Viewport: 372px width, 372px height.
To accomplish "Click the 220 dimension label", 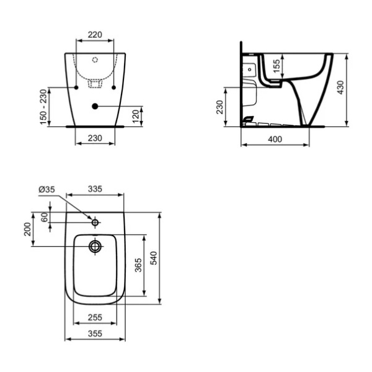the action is point(95,35).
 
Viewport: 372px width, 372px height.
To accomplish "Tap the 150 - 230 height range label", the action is point(43,107).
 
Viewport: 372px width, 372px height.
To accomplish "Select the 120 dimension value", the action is point(135,117).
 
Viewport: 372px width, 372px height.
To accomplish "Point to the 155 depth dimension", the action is point(277,66).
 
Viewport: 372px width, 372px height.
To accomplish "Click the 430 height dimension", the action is point(340,87).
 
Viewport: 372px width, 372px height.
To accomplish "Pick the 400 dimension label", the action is point(275,139).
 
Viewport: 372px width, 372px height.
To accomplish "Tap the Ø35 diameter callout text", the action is point(46,189).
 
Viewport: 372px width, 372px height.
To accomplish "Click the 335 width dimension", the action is point(95,189).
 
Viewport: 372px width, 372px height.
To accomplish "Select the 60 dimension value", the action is point(45,218).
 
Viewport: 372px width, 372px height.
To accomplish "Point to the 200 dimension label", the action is point(27,229).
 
